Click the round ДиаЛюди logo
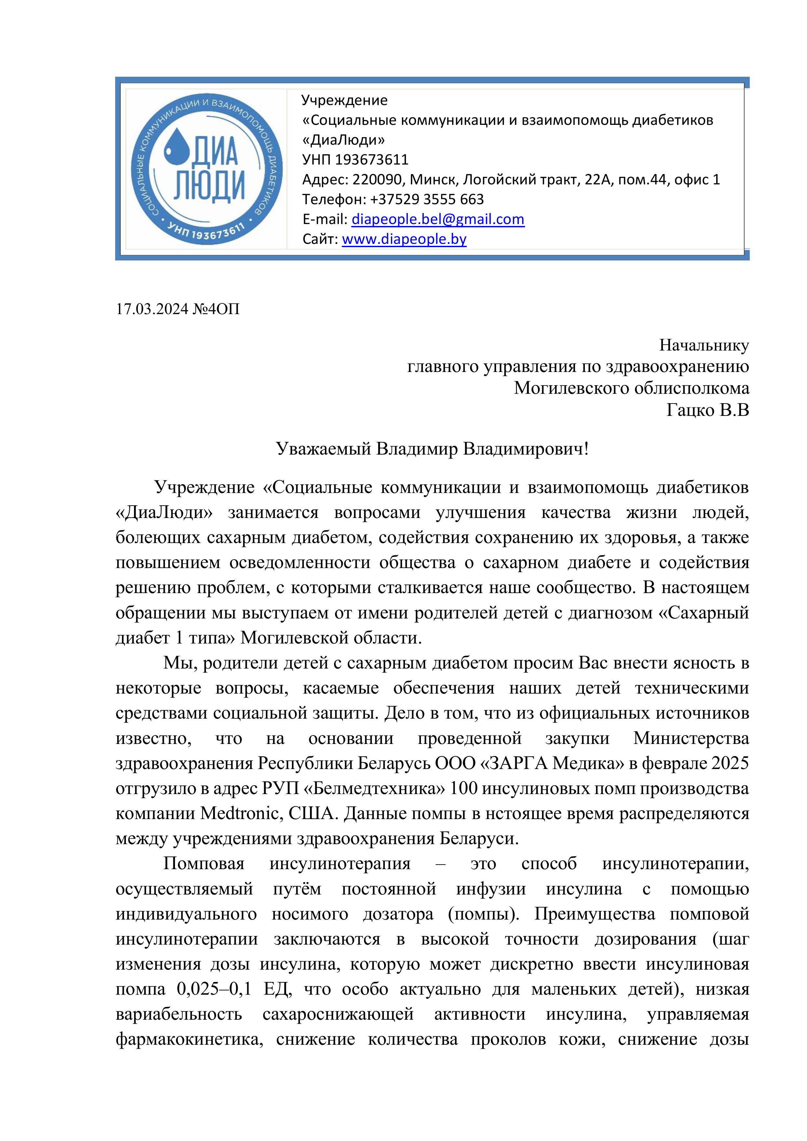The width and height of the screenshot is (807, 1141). [x=206, y=169]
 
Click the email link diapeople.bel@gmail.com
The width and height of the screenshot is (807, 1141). [x=437, y=219]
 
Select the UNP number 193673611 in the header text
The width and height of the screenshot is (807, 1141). [x=371, y=160]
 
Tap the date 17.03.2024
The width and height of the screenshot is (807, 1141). [x=152, y=309]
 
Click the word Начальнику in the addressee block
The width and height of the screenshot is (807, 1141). [x=704, y=345]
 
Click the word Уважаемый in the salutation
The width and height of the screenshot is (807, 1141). [x=324, y=449]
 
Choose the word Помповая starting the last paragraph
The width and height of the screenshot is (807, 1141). [x=204, y=864]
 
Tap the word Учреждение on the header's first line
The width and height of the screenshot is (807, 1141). [x=344, y=100]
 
